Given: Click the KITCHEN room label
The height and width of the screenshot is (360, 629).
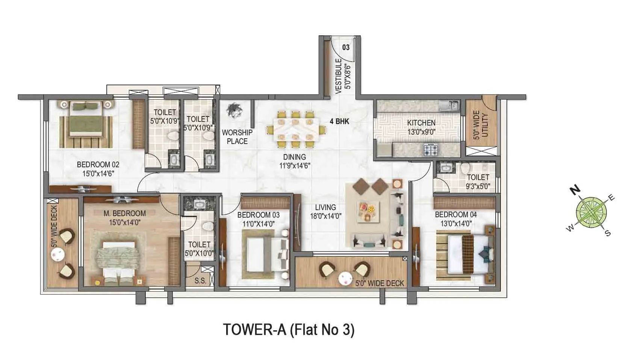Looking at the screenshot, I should click(x=421, y=123).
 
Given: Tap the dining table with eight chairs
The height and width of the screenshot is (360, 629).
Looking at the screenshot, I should click(x=295, y=130).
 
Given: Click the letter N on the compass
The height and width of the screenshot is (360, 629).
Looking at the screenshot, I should click(x=574, y=190).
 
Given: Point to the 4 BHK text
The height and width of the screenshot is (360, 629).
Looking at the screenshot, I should click(x=339, y=121).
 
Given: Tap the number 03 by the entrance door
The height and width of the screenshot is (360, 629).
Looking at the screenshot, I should click(x=346, y=47).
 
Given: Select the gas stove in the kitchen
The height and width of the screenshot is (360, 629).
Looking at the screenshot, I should click(x=431, y=150).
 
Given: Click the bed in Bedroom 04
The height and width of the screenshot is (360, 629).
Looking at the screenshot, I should click(x=466, y=254).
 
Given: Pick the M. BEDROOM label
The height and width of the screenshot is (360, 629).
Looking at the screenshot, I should click(x=124, y=213).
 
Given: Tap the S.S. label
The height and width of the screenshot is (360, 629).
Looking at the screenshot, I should click(x=200, y=280).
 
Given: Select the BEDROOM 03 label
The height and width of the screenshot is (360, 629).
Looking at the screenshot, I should click(x=259, y=215).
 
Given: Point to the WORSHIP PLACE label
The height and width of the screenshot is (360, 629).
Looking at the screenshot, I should click(x=237, y=137).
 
